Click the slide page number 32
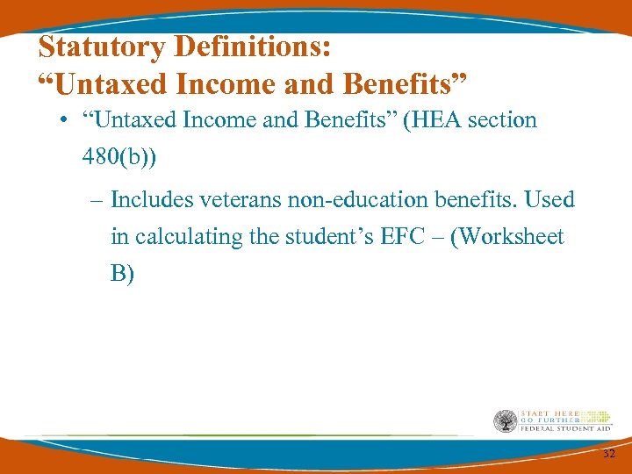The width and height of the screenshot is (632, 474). pyautogui.click(x=609, y=453)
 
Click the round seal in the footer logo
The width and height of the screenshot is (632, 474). pyautogui.click(x=506, y=422)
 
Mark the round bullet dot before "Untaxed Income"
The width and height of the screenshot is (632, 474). pyautogui.click(x=66, y=121)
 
